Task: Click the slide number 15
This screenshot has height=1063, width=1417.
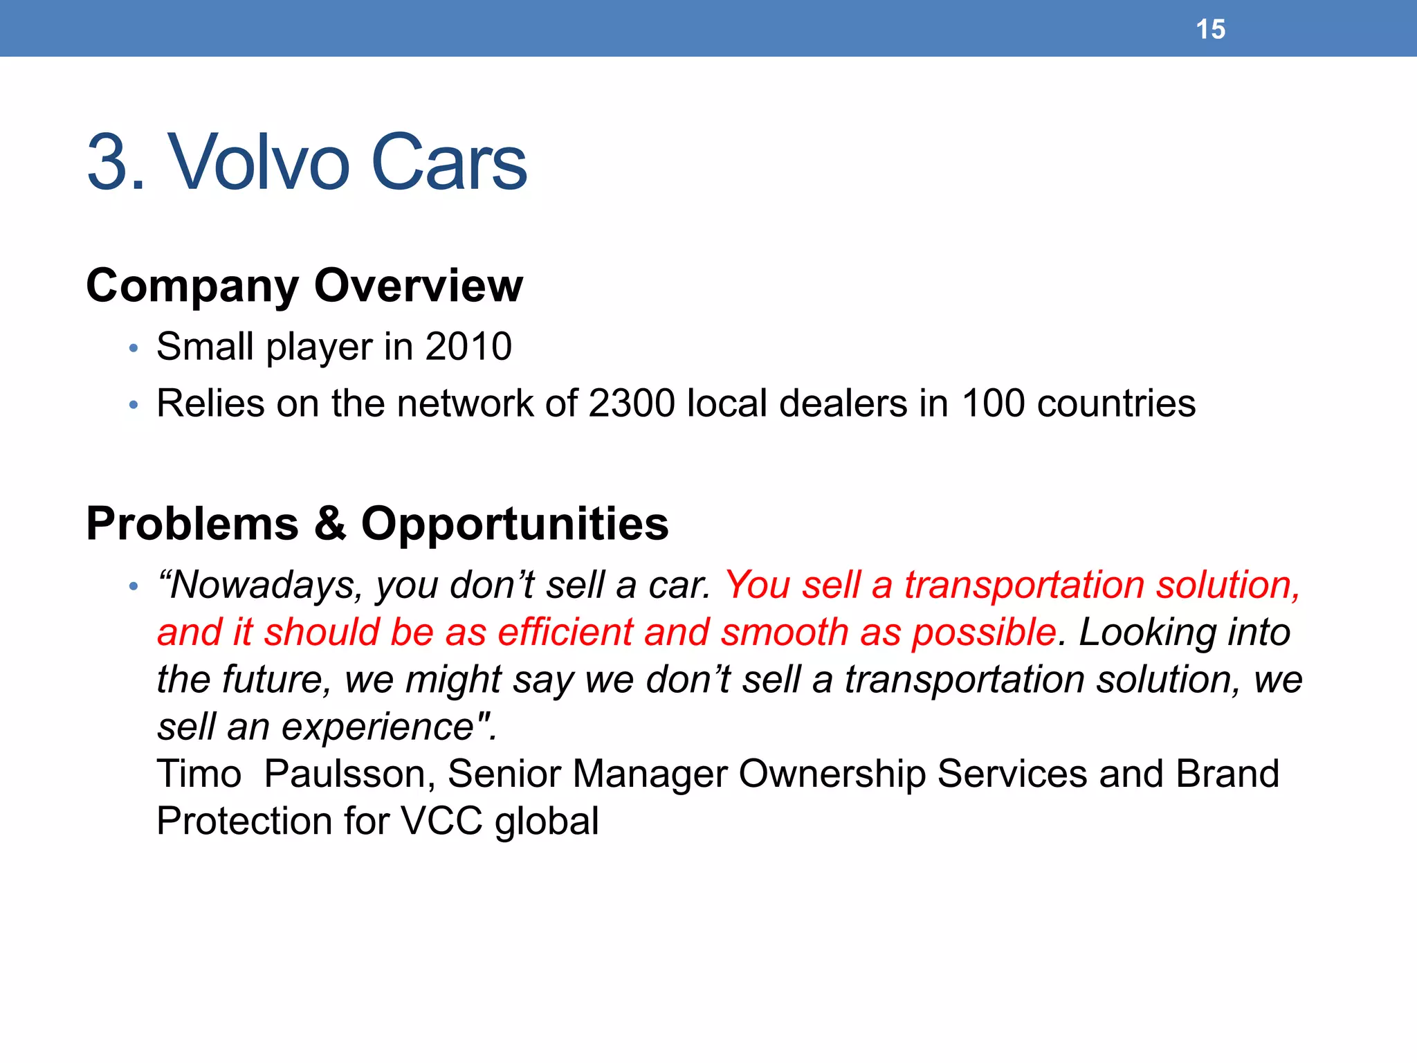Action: point(1210,30)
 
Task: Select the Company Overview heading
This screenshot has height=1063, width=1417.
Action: point(304,286)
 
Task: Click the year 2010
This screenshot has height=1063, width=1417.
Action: point(468,347)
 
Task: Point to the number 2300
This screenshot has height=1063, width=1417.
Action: point(631,403)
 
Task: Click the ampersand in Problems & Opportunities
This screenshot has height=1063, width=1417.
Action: point(330,524)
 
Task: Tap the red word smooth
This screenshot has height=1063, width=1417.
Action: point(785,633)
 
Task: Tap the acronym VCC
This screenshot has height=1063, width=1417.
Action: point(441,821)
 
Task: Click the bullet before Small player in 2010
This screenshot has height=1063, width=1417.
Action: point(134,348)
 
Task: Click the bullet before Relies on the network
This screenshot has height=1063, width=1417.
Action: point(134,405)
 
